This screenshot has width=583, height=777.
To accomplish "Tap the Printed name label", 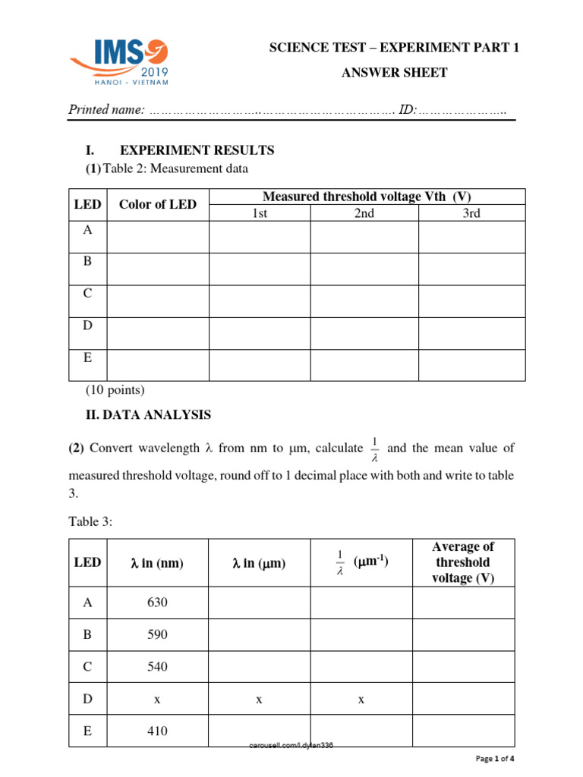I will point(107,110).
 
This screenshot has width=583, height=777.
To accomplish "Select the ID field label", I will point(407,110).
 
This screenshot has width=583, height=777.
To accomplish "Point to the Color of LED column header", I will point(157,204).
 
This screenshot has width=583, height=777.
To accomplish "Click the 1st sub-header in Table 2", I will point(260,213).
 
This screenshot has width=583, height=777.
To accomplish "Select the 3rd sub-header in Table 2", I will point(471,213).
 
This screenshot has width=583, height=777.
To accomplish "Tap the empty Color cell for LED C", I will point(158,301).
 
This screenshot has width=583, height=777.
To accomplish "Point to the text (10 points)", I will point(114,390).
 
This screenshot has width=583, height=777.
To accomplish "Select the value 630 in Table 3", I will point(157,602).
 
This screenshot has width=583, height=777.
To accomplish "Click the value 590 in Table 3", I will point(157,634).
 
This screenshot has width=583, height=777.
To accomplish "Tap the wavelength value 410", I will point(157,731).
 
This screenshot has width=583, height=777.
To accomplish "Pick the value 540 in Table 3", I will point(157,667).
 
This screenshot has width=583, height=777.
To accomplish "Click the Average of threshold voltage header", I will point(462,562).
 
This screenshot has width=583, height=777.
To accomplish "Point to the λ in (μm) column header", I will point(259,563).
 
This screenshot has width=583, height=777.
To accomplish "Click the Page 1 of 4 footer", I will point(494,758).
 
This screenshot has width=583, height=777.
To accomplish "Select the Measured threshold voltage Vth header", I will point(367,197).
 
